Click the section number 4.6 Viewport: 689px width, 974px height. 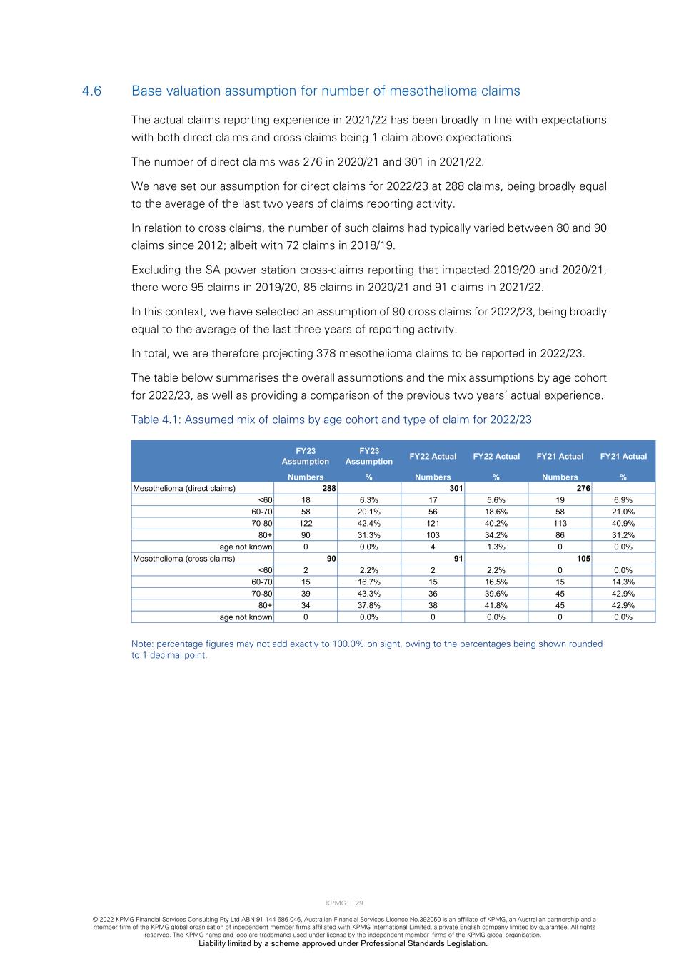tap(92, 91)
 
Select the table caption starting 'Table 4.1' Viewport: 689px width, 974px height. tap(331, 420)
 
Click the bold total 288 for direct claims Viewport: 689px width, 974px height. tap(329, 488)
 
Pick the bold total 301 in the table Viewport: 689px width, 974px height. tap(456, 488)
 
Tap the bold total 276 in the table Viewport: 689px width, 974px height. tap(583, 488)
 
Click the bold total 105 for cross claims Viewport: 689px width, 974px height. tap(583, 559)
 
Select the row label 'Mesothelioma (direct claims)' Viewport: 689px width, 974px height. tap(184, 488)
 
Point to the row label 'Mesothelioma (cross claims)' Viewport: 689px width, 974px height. tap(183, 559)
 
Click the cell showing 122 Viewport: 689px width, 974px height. tap(306, 523)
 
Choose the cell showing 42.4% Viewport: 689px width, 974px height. tap(369, 523)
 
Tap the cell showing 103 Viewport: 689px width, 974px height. tap(433, 535)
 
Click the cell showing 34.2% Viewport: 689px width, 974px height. tap(496, 535)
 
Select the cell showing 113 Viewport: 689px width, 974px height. tap(560, 523)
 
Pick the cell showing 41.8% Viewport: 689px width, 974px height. tap(496, 605)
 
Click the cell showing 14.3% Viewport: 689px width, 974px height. tap(623, 582)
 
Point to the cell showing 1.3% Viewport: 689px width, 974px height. tap(496, 547)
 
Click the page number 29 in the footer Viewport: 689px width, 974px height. tap(359, 903)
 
